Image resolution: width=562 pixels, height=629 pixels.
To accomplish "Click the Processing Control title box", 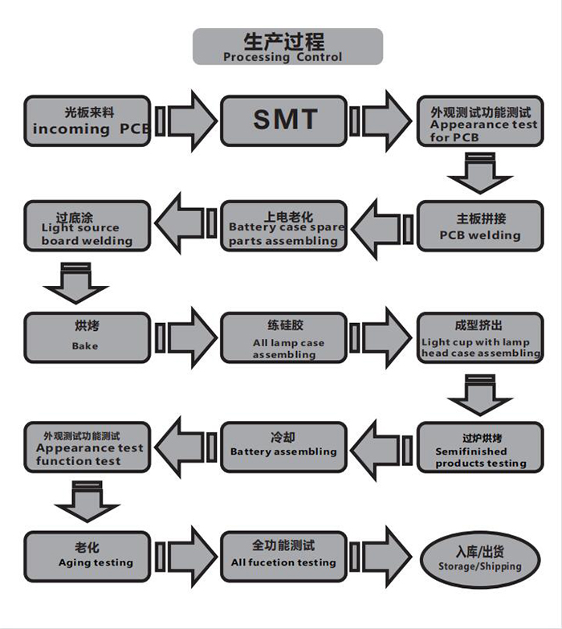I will coord(287,47).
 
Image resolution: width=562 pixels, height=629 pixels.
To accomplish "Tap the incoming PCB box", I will coord(87,120).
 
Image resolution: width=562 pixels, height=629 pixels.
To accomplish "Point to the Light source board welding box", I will coord(87,226).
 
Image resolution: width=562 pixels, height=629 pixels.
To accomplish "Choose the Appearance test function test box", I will coord(87,447).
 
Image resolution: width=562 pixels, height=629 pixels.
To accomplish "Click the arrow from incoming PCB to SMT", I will coord(186,120).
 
